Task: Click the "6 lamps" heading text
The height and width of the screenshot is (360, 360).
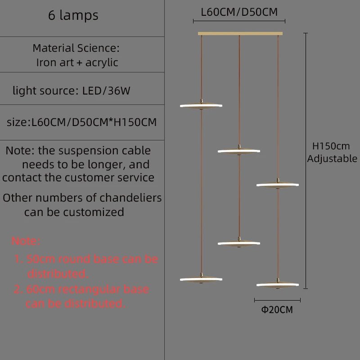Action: (73, 15)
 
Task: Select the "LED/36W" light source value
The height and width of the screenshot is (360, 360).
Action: (106, 91)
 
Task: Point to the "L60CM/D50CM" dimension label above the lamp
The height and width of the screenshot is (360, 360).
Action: (239, 12)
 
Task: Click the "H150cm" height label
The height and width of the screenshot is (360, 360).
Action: (331, 146)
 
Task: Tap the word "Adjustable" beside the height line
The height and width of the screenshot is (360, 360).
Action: (332, 158)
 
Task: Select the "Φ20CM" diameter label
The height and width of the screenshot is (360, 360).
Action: (277, 310)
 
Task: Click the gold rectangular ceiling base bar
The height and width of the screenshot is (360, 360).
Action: (240, 33)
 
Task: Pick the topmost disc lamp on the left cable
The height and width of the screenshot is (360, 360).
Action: (201, 105)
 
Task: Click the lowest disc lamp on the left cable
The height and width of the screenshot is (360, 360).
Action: (201, 279)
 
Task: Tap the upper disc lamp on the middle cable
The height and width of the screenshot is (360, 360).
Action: (239, 151)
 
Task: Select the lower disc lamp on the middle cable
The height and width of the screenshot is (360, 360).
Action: (239, 243)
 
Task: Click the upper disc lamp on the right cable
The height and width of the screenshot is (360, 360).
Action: (278, 184)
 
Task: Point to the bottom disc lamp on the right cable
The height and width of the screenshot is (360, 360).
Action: (278, 284)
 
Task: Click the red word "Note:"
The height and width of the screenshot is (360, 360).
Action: (26, 241)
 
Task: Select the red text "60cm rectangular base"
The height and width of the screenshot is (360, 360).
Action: (81, 289)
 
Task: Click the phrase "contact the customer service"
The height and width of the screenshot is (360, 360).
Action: (78, 177)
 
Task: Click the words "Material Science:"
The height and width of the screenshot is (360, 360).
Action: (76, 48)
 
